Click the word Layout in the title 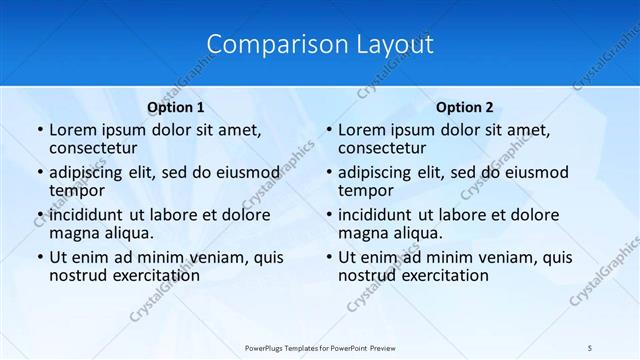[393, 45]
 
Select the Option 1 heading [175, 107]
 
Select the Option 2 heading [464, 107]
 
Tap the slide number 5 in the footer [590, 347]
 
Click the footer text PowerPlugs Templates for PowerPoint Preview [320, 347]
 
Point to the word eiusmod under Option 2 [535, 172]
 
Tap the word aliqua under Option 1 [126, 234]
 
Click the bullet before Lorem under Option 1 [38, 130]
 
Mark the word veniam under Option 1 [216, 257]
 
